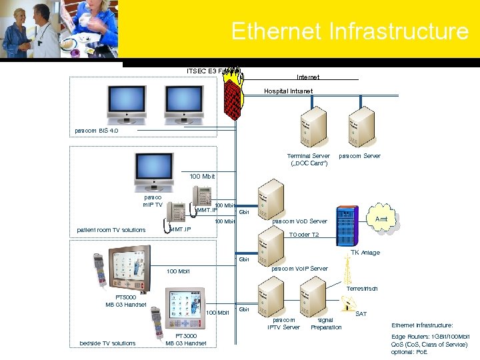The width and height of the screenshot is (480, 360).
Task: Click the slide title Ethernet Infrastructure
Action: point(350,31)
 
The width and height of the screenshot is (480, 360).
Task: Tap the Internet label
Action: point(308,78)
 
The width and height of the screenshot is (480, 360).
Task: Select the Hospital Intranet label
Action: point(288,91)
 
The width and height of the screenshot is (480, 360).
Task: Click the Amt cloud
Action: point(381,219)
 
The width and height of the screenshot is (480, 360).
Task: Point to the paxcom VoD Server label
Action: point(300,221)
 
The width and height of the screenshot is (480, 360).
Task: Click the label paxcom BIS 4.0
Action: point(96,131)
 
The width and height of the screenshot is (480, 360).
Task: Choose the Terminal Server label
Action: point(308,159)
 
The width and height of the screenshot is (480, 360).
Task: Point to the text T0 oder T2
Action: point(304,235)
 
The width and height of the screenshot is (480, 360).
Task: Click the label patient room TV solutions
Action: point(111,231)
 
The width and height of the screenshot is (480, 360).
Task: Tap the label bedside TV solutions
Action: point(107,343)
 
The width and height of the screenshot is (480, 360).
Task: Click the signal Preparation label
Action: point(326,323)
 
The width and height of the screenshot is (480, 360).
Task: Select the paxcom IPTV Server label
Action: point(284,323)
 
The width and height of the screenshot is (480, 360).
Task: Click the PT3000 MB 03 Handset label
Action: point(186,339)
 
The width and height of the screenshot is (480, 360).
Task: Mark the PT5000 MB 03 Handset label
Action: point(126,301)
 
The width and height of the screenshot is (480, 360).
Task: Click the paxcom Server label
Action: point(360,156)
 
